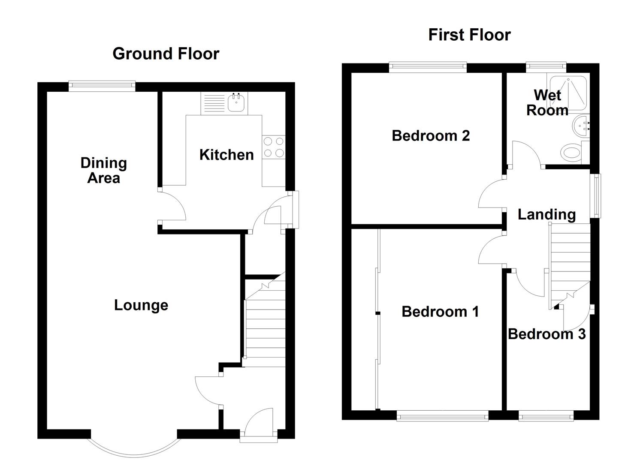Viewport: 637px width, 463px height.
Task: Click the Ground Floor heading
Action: click(166, 54)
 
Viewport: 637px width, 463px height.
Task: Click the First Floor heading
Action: click(469, 35)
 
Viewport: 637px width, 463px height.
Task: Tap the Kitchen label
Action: click(226, 155)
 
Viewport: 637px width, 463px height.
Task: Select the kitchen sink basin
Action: click(236, 103)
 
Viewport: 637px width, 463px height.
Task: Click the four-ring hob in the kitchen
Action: click(273, 147)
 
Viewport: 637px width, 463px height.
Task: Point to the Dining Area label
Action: click(104, 170)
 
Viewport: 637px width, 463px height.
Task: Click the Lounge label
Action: click(141, 305)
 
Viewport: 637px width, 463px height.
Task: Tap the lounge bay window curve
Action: click(134, 452)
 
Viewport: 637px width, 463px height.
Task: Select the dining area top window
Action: click(102, 87)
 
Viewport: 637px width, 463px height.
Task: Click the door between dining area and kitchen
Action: click(172, 207)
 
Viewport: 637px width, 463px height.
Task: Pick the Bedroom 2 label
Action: click(431, 136)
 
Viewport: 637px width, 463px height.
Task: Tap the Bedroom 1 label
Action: click(440, 312)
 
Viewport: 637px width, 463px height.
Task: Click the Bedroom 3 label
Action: click(546, 334)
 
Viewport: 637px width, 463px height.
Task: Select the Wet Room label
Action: click(547, 102)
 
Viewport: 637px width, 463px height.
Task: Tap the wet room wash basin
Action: click(581, 126)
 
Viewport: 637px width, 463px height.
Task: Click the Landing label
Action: click(546, 214)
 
